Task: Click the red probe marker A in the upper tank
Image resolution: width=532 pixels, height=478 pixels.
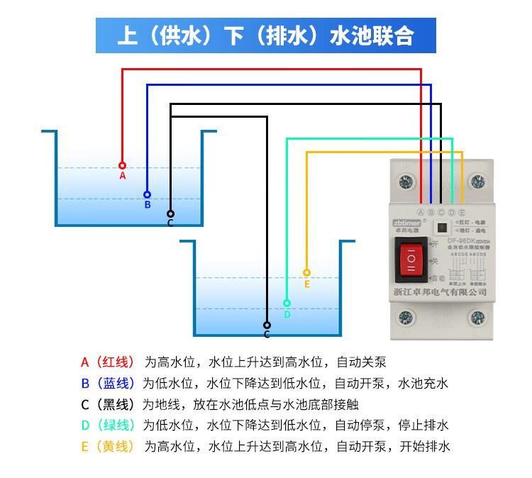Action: point(122,165)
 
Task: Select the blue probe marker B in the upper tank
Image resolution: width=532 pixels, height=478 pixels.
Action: point(147,194)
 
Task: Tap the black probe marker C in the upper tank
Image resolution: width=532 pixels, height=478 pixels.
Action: point(170,213)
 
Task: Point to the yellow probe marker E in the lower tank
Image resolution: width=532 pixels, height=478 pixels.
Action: point(306,272)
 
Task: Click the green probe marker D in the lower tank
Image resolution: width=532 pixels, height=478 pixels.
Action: point(287,303)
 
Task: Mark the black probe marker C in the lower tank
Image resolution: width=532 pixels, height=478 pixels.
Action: point(267,325)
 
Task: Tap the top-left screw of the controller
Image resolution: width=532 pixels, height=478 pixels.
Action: point(407,183)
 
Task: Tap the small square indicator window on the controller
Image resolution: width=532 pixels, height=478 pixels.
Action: point(441,228)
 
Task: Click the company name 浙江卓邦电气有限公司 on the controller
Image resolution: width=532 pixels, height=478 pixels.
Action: point(440,291)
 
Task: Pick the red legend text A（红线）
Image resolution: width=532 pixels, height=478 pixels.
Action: point(107,362)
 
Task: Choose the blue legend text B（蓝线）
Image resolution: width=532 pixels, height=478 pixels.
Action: point(107,384)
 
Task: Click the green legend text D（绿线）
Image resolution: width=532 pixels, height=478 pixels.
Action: point(107,426)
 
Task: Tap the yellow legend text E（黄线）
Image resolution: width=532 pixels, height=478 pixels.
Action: point(107,447)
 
